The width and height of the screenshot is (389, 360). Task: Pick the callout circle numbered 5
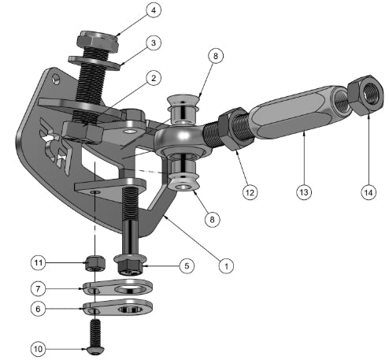tap(186, 265)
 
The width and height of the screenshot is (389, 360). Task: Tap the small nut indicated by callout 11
tap(95, 262)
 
